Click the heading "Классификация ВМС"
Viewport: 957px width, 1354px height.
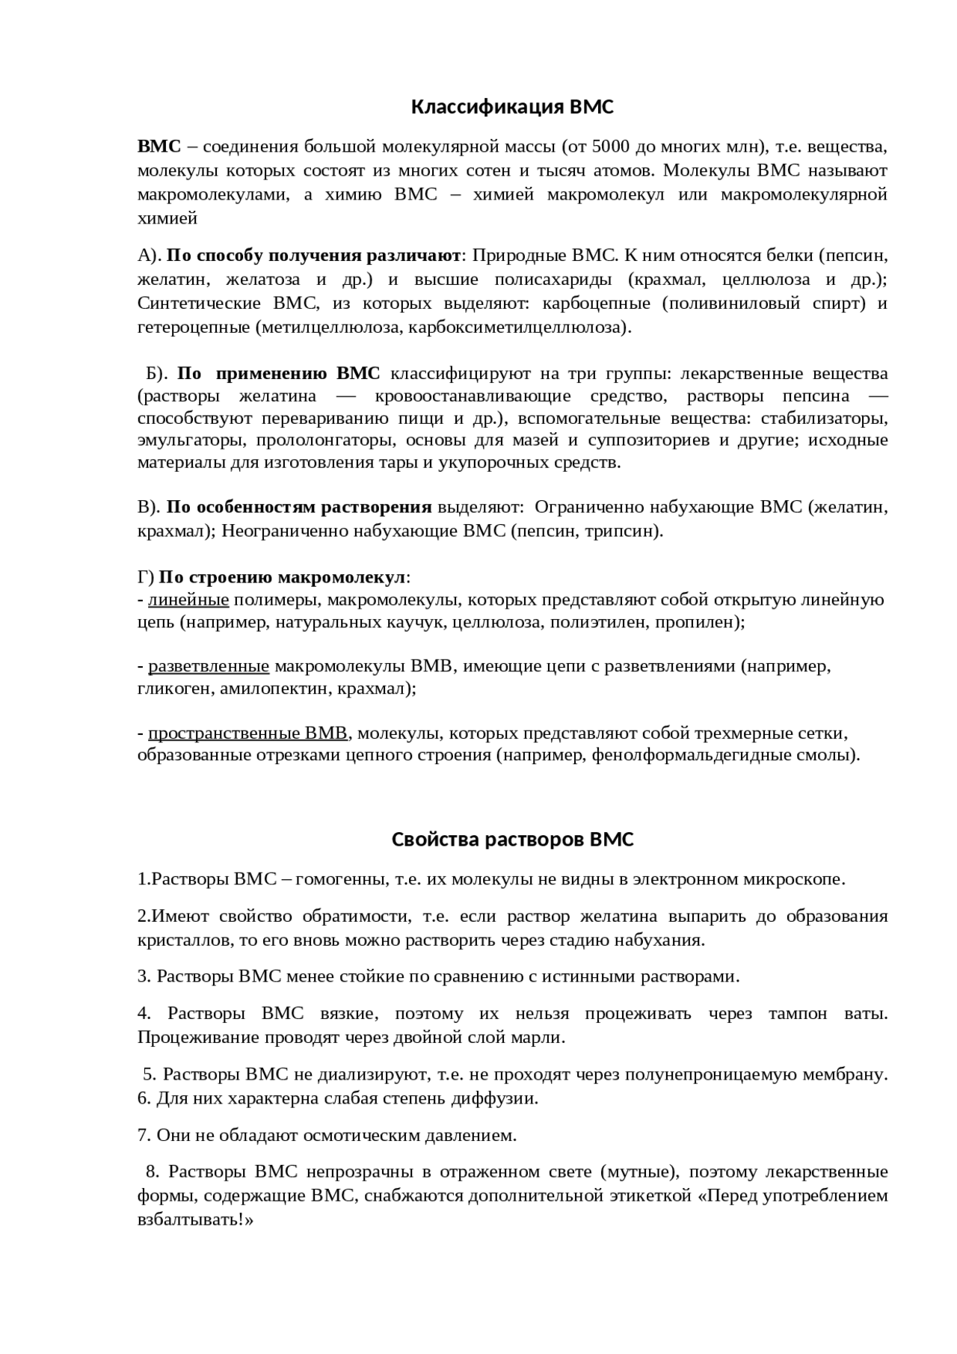(512, 108)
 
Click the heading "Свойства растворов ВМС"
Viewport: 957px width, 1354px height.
(512, 840)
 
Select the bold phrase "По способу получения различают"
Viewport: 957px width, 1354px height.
(313, 256)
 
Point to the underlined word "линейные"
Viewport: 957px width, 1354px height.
(188, 600)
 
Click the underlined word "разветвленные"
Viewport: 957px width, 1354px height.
(209, 666)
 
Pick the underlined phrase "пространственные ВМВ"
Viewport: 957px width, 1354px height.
(247, 733)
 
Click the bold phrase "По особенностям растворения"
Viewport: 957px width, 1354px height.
(299, 508)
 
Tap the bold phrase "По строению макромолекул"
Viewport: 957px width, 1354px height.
(283, 578)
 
